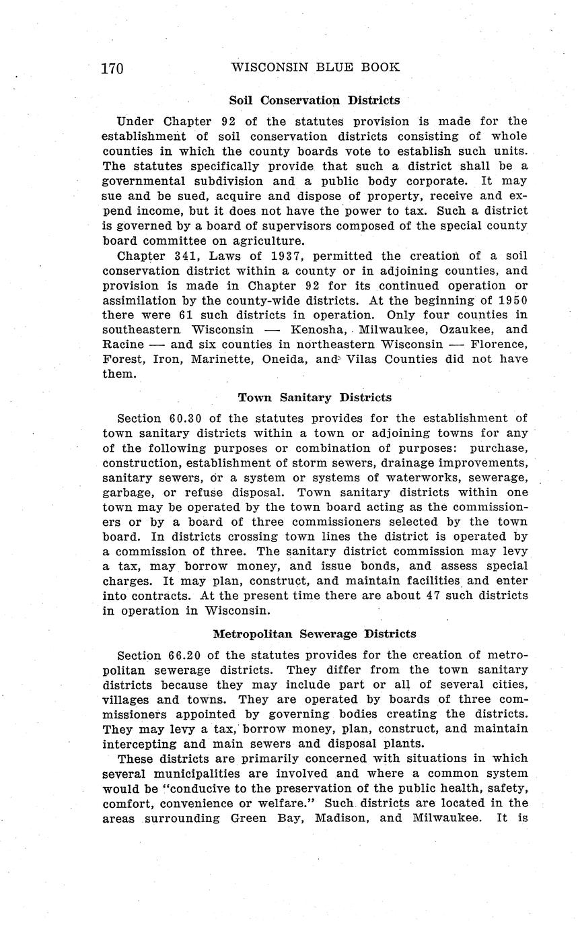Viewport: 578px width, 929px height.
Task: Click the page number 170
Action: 112,69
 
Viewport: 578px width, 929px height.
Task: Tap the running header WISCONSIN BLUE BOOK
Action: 316,67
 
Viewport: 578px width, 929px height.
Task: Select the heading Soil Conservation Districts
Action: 314,100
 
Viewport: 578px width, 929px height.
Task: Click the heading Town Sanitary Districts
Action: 315,397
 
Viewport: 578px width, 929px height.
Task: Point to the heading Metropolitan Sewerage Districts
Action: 314,633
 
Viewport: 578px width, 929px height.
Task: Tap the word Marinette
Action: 219,359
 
